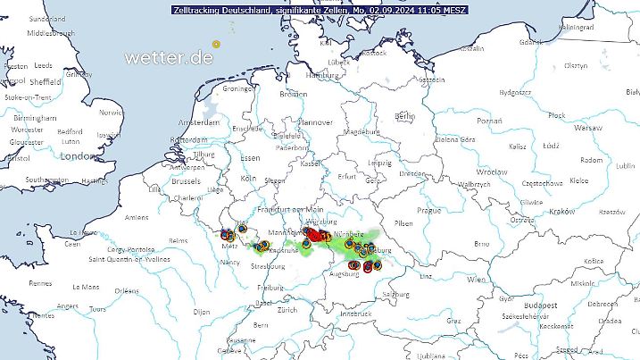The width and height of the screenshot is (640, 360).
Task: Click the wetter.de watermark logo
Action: click(x=170, y=57)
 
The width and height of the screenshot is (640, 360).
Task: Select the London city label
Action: click(x=78, y=156)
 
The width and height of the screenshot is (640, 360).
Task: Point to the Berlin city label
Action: click(x=404, y=116)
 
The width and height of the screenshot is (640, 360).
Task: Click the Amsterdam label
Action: click(x=199, y=121)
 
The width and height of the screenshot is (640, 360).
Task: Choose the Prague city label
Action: click(x=430, y=210)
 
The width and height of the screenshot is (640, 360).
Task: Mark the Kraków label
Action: click(x=562, y=211)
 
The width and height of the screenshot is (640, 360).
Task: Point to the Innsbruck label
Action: click(x=354, y=314)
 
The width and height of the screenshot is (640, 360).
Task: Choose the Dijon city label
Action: click(x=201, y=312)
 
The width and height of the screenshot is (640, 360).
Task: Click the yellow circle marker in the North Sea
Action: click(x=216, y=43)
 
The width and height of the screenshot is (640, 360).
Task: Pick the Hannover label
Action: click(x=315, y=122)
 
